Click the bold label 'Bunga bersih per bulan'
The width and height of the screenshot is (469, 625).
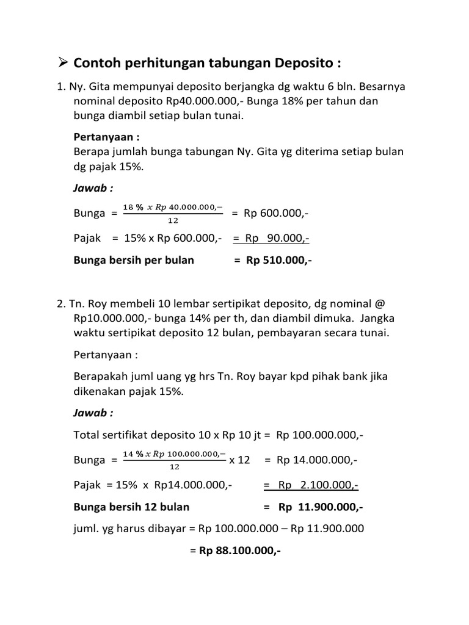click(x=134, y=260)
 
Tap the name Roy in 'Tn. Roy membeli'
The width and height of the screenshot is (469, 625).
click(x=97, y=303)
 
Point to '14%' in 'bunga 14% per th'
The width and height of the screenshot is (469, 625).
click(x=190, y=318)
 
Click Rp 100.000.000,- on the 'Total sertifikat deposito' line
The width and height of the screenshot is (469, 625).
click(x=320, y=435)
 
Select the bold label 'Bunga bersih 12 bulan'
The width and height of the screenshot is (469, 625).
click(x=131, y=507)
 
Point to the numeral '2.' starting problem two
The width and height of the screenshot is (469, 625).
click(x=61, y=303)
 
